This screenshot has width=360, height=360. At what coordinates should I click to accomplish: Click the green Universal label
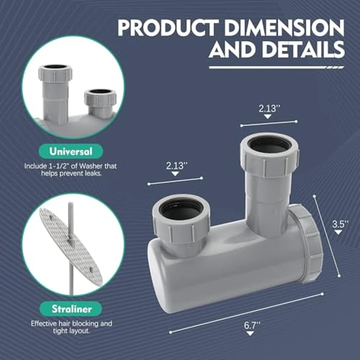coord(71,152)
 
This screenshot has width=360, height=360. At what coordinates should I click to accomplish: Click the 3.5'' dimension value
coord(340,224)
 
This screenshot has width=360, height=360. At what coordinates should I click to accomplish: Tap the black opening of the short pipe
coord(181,209)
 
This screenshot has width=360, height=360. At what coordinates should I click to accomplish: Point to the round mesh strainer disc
coord(70,247)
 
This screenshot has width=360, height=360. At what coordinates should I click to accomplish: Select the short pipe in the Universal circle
coord(100,103)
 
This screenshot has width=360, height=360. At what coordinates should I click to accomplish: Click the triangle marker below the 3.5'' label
coord(338,232)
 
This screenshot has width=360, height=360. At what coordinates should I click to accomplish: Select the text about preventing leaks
coord(71,170)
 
